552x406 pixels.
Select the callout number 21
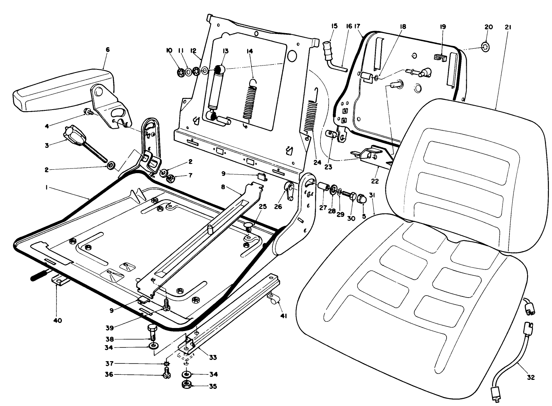[x=508, y=27]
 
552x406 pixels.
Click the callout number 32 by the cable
[x=531, y=377]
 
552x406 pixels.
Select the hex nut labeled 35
[x=186, y=386]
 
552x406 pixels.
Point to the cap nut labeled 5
[x=361, y=199]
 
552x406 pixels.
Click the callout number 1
[x=46, y=188]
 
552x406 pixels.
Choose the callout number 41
[x=283, y=316]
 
